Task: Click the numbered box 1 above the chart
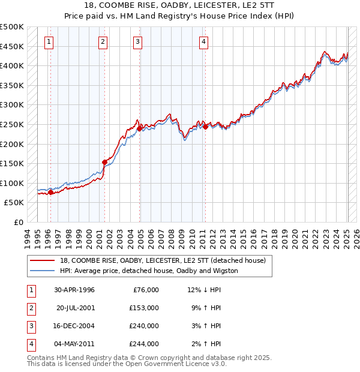tap(49, 41)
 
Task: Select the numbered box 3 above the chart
tap(138, 41)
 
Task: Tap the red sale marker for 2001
tap(104, 162)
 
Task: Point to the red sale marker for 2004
tap(139, 128)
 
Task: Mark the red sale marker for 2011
tap(205, 127)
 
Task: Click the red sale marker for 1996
tap(50, 193)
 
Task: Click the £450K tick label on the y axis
tap(12, 46)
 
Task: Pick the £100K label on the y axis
tap(12, 183)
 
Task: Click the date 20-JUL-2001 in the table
tap(76, 308)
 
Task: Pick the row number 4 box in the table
tap(31, 344)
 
